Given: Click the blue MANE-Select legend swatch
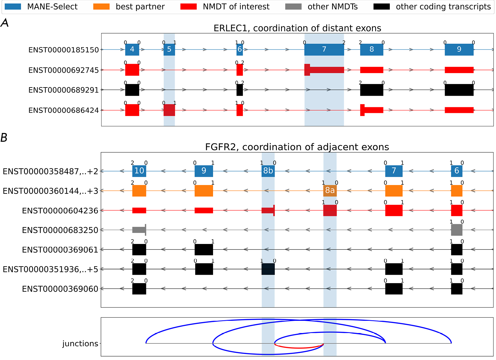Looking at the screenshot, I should (13, 7).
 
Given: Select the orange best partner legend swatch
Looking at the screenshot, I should (101, 7).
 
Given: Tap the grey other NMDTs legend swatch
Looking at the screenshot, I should (293, 7).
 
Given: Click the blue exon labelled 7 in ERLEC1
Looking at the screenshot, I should (324, 50).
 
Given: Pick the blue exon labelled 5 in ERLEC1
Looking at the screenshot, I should (169, 50).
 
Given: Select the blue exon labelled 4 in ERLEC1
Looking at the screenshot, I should (132, 50).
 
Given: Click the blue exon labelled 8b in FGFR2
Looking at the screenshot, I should (268, 171).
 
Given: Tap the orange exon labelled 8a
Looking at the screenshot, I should (330, 190).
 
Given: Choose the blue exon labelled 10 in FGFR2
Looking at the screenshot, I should (139, 171).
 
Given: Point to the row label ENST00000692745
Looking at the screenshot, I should (64, 70).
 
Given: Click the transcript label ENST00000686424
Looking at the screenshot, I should (64, 110).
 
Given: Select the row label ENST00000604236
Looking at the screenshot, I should (60, 211).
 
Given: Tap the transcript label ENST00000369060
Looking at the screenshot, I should (60, 289).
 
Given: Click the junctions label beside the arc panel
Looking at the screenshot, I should (80, 344).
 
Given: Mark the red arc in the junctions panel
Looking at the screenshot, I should (299, 348).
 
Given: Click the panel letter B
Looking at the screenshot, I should (4, 138).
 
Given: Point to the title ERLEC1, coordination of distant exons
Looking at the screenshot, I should (297, 28).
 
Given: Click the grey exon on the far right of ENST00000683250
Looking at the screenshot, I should (457, 230).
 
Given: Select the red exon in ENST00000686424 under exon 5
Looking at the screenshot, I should (169, 110).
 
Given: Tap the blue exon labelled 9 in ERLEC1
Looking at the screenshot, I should (459, 50).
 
